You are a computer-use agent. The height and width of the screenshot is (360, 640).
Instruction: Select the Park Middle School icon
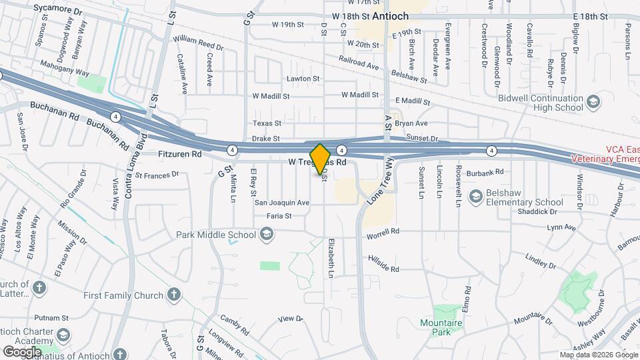click(x=266, y=234)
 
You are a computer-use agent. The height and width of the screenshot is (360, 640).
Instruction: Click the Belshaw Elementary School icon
click(x=476, y=196)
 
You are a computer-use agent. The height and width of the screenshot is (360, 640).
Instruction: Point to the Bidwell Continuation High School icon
click(x=593, y=101)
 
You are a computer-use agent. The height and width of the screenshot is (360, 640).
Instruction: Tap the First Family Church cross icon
click(x=174, y=295)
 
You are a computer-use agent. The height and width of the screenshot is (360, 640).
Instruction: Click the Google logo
click(x=23, y=351)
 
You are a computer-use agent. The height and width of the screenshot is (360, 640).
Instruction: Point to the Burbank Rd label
click(x=480, y=173)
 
